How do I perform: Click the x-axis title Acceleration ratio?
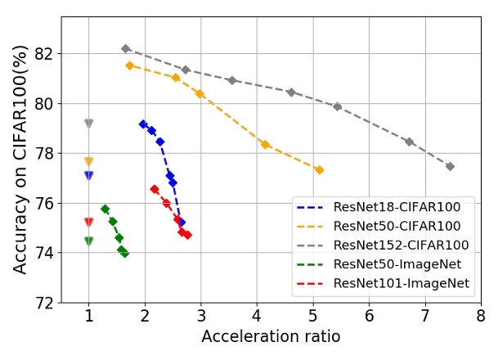pyautogui.click(x=271, y=337)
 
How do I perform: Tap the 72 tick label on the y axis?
pyautogui.click(x=44, y=303)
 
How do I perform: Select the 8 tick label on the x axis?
pyautogui.click(x=481, y=316)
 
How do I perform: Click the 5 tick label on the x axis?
pyautogui.click(x=313, y=316)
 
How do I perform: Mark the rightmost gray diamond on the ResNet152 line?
pyautogui.click(x=450, y=166)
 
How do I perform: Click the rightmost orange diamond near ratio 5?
pyautogui.click(x=319, y=170)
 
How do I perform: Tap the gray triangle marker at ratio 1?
pyautogui.click(x=88, y=124)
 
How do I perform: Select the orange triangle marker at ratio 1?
pyautogui.click(x=88, y=161)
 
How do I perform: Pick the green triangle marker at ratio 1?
pyautogui.click(x=88, y=241)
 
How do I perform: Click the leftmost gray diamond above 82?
pyautogui.click(x=125, y=49)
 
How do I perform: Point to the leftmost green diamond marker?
pyautogui.click(x=105, y=209)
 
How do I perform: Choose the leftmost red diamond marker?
pyautogui.click(x=155, y=189)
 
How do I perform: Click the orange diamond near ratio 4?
pyautogui.click(x=265, y=145)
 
